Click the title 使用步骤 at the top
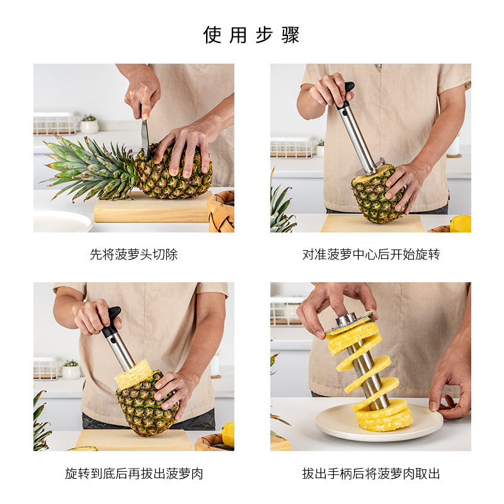coord(251,35)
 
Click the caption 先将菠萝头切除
coord(134,255)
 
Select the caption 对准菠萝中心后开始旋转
coord(370,255)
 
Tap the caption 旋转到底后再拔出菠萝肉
coord(134,474)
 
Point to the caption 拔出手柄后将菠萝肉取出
coord(370,474)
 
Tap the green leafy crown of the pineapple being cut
coord(91,167)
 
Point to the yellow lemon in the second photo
coord(460,224)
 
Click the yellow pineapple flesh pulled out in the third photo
coord(134,374)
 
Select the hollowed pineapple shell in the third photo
coord(145,406)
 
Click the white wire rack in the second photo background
coord(290,147)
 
